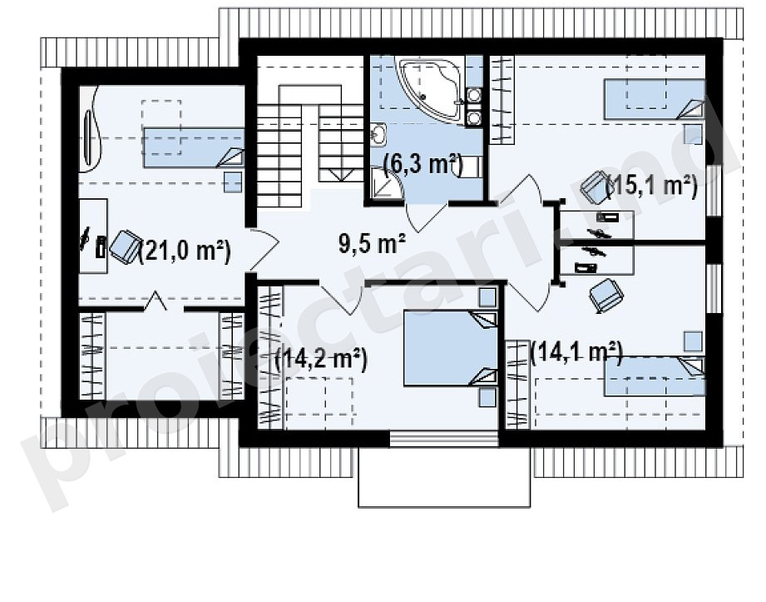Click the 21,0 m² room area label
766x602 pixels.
[x=185, y=251]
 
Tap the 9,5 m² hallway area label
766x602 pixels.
[x=372, y=243]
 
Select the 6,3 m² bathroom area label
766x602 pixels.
[x=423, y=164]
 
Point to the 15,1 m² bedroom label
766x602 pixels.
[x=651, y=186]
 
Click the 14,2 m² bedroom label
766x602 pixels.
[x=321, y=360]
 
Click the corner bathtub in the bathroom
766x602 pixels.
[x=430, y=88]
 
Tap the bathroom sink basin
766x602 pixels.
[x=378, y=135]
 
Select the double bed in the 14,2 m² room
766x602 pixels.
[x=451, y=348]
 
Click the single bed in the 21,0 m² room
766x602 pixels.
[x=194, y=147]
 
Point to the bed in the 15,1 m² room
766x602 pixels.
[x=655, y=99]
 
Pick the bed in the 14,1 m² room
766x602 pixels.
[x=655, y=376]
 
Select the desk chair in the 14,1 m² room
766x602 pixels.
[x=606, y=295]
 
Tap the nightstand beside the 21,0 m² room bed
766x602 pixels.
[x=233, y=182]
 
